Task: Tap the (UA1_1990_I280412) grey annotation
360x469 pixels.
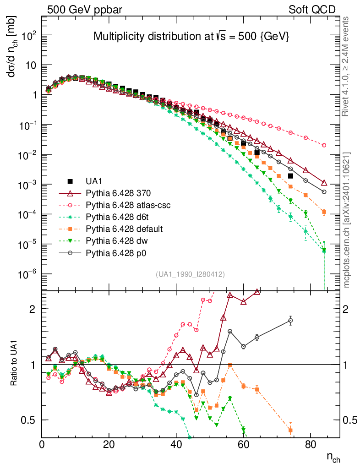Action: point(190,274)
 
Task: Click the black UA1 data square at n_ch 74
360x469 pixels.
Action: point(290,176)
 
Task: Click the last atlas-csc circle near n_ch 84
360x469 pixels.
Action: point(324,145)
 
